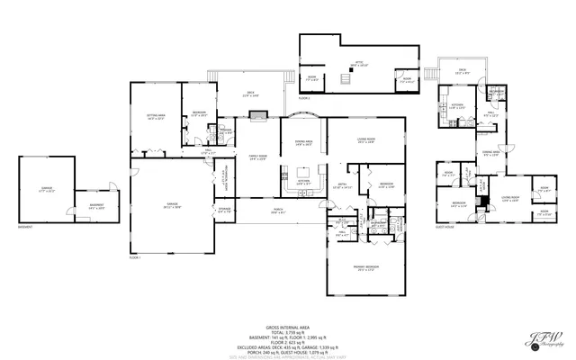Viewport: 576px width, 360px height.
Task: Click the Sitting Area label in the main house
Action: (x=155, y=116)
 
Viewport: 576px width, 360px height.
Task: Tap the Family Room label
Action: (x=257, y=158)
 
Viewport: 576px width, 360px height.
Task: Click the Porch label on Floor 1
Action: (x=279, y=211)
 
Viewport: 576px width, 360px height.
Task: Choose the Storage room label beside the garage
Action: (x=224, y=211)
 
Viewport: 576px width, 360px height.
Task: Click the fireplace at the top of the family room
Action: (x=259, y=114)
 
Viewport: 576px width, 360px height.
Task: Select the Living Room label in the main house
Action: (x=366, y=140)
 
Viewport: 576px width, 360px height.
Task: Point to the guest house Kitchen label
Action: (x=457, y=107)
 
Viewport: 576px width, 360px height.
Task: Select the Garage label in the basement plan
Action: (x=46, y=191)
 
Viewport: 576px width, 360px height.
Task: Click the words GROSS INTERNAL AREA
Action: (x=287, y=327)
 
